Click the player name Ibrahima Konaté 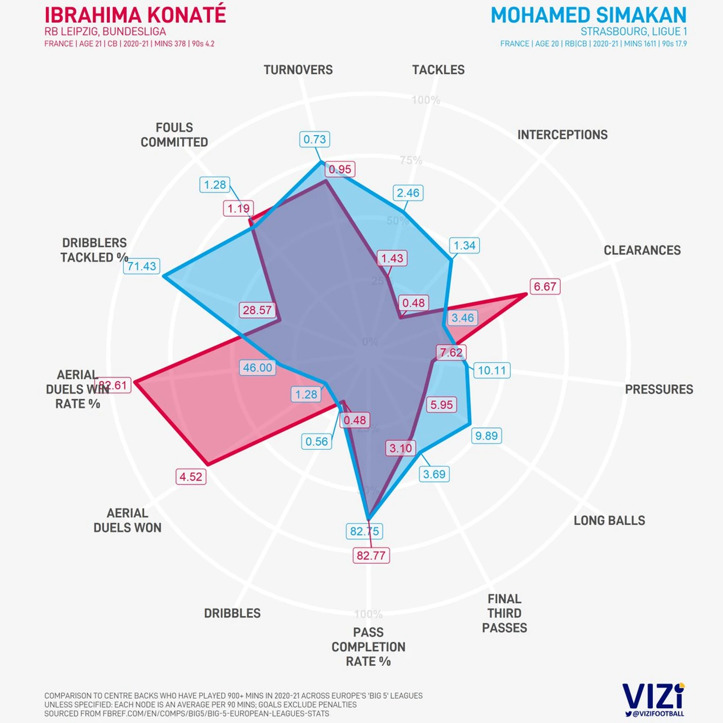pyautogui.click(x=135, y=15)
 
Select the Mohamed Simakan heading pyautogui.click(x=588, y=15)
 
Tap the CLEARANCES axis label pyautogui.click(x=642, y=251)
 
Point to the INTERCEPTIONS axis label pyautogui.click(x=562, y=135)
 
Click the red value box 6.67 pyautogui.click(x=545, y=287)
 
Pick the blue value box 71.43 pyautogui.click(x=142, y=266)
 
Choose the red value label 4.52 pyautogui.click(x=191, y=477)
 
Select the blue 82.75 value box pyautogui.click(x=364, y=531)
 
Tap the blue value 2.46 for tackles pyautogui.click(x=408, y=193)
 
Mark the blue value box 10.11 pyautogui.click(x=492, y=370)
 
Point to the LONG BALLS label pyautogui.click(x=609, y=521)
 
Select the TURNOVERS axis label pyautogui.click(x=298, y=70)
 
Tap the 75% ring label pyautogui.click(x=411, y=160)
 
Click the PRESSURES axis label pyautogui.click(x=659, y=390)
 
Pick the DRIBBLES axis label pyautogui.click(x=232, y=614)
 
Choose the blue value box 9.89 pyautogui.click(x=486, y=436)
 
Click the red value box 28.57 pyautogui.click(x=257, y=310)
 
